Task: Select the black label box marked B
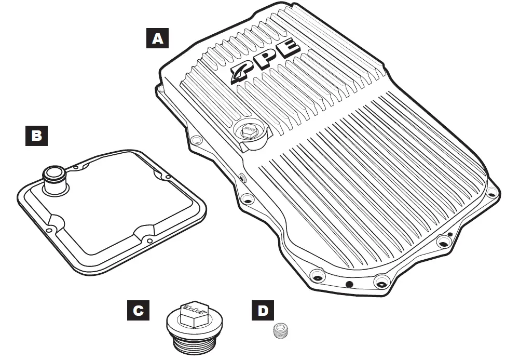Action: click(x=36, y=136)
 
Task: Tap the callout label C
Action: click(x=138, y=311)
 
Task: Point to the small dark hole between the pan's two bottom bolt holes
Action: click(x=349, y=284)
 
